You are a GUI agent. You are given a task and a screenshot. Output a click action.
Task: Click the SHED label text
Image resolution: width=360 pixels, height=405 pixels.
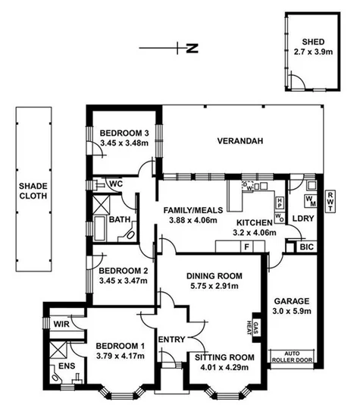(312, 42)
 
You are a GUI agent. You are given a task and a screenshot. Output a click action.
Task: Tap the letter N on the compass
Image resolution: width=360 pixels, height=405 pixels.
(192, 50)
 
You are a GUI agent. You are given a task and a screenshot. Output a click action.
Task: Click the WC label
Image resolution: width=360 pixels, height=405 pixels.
(116, 184)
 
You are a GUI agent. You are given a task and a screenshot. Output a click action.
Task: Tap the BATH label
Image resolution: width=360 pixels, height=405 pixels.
(120, 220)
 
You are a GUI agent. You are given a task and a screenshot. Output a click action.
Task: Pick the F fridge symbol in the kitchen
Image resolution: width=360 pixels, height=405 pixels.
(245, 246)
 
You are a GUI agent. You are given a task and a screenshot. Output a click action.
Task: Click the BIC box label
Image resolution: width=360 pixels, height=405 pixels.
(305, 247)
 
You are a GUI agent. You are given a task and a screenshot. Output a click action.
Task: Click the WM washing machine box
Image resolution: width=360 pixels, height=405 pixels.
(310, 201)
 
